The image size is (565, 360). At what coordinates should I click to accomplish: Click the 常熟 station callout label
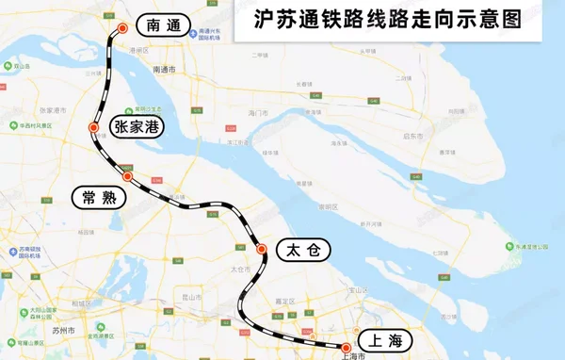[x=101, y=197]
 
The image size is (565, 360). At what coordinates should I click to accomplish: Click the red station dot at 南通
[x=121, y=29]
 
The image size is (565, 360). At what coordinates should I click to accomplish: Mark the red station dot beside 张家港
[x=93, y=127]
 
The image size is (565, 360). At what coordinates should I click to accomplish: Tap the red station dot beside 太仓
[x=262, y=250]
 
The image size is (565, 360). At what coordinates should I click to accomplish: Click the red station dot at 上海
[x=347, y=347]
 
